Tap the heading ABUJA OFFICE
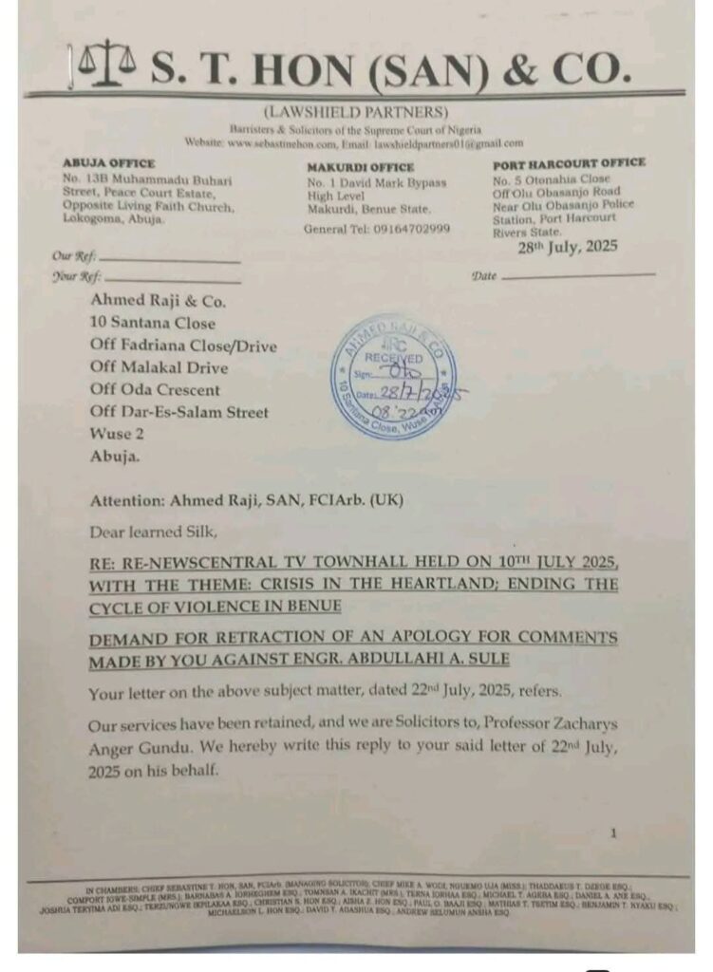click(x=108, y=163)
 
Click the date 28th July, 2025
click(x=567, y=247)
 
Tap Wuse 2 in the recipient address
click(x=117, y=434)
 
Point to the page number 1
click(x=613, y=832)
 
